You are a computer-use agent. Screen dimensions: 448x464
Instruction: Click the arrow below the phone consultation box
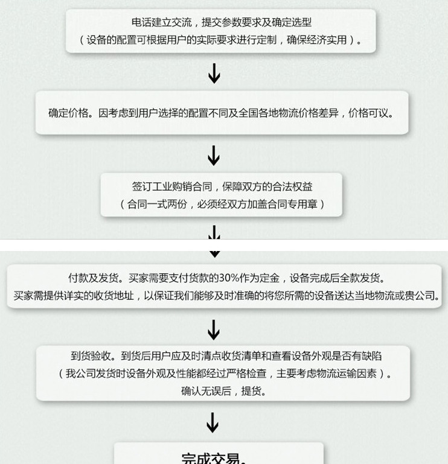[x=214, y=74]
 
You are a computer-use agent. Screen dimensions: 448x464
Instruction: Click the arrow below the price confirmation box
[x=214, y=155]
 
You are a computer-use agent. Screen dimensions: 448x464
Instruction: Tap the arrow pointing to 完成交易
[x=213, y=423]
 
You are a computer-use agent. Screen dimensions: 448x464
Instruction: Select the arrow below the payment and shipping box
[x=214, y=330]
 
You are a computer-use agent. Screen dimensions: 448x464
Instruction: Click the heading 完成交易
[x=210, y=457]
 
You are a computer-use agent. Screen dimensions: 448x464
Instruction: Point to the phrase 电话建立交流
[x=162, y=22]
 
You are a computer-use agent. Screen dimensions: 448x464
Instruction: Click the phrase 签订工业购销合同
[x=172, y=186]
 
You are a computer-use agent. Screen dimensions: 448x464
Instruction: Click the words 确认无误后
[x=206, y=391]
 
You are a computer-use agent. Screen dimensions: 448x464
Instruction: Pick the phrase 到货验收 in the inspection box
[x=91, y=356]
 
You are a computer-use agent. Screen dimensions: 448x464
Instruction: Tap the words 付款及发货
[x=94, y=278]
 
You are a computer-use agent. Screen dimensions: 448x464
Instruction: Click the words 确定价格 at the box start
[x=68, y=113]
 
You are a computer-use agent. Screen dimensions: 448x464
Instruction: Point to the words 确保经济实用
[x=317, y=40]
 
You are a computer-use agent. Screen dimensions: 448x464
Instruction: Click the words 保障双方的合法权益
[x=267, y=186]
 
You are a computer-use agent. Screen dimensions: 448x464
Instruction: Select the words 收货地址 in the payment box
[x=114, y=295]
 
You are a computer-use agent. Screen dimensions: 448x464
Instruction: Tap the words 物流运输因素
[x=347, y=373]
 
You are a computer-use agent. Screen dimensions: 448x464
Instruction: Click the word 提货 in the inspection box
[x=251, y=391]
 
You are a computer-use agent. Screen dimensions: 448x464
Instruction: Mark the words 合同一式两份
[x=157, y=204]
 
